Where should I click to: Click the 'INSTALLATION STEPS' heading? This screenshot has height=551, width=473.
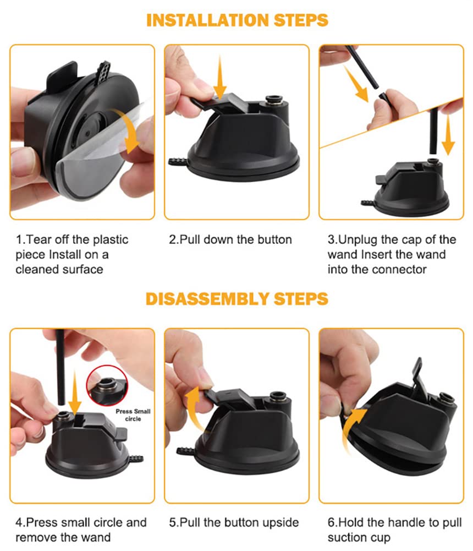click(x=237, y=20)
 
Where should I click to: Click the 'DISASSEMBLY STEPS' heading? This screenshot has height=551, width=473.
click(x=237, y=299)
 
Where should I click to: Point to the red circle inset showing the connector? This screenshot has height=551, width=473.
click(x=107, y=385)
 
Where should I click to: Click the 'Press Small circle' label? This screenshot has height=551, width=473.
click(x=133, y=415)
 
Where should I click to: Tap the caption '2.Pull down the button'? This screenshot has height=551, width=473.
click(x=230, y=239)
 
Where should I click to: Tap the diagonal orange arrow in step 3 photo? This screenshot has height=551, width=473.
click(x=356, y=84)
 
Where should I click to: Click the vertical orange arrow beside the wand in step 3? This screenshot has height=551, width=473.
click(x=448, y=135)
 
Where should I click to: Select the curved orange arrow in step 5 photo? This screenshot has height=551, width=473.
click(x=193, y=408)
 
